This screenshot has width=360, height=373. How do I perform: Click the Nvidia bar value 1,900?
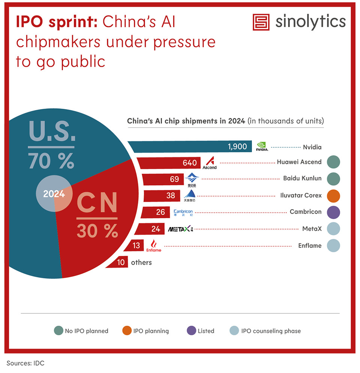click(237, 147)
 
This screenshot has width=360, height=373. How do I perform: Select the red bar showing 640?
click(169, 163)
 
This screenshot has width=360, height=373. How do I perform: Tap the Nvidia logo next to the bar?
click(262, 147)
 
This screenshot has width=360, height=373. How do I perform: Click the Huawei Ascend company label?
click(299, 162)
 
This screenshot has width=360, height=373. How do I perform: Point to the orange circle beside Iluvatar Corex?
click(333, 195)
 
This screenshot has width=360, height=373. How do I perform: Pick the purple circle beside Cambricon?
click(333, 212)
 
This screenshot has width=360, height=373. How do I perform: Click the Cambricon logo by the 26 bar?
click(183, 213)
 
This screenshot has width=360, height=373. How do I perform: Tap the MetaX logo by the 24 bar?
click(180, 229)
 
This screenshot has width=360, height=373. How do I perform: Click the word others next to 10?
click(141, 262)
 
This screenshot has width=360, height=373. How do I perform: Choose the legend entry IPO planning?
click(145, 331)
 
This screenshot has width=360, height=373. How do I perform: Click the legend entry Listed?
click(201, 331)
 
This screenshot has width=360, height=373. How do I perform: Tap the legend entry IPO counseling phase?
click(265, 331)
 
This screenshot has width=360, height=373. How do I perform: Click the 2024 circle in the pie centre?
click(54, 194)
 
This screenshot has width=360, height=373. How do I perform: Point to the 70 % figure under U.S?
click(51, 161)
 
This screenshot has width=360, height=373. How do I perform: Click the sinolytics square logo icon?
click(261, 22)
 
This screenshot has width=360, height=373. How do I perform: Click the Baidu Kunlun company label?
click(302, 178)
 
